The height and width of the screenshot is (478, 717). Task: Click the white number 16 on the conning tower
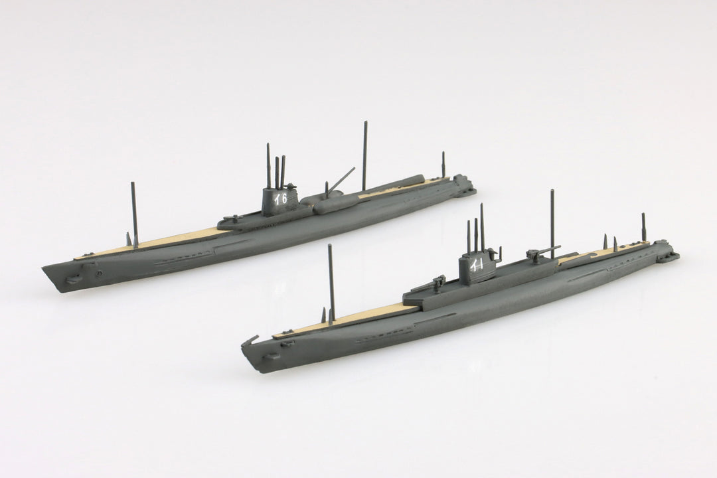[x=280, y=199]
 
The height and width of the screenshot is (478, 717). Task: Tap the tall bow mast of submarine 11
[x=331, y=284]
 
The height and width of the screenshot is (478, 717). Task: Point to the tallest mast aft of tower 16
[x=364, y=156]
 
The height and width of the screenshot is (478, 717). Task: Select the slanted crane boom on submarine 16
[x=341, y=179]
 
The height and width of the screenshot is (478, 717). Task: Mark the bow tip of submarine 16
[x=42, y=268]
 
